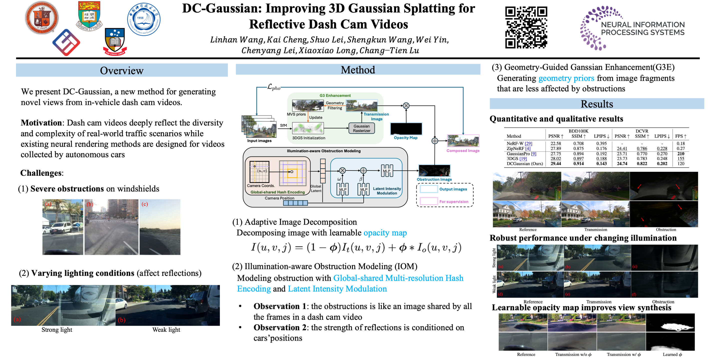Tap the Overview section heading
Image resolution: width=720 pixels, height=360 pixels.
point(122,70)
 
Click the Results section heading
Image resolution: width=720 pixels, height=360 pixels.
point(597,104)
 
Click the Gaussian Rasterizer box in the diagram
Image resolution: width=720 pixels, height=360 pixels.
point(361,128)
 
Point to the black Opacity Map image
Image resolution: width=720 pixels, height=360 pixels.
point(406,129)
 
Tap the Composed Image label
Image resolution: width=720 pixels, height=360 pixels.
point(463,151)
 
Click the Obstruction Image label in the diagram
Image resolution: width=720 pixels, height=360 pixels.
point(434,179)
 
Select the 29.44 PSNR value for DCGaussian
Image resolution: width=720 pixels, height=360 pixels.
point(556,164)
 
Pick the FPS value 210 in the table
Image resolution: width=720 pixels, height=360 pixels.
point(681,154)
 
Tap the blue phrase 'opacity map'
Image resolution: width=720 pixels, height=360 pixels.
point(385,233)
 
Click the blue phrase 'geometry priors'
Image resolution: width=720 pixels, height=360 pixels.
point(566,78)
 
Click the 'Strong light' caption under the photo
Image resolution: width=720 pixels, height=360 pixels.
point(57,330)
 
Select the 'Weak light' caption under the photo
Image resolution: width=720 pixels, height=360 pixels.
point(166,330)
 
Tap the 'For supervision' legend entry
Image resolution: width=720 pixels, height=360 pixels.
point(453,202)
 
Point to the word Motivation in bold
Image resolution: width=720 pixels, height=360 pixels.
point(41,123)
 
